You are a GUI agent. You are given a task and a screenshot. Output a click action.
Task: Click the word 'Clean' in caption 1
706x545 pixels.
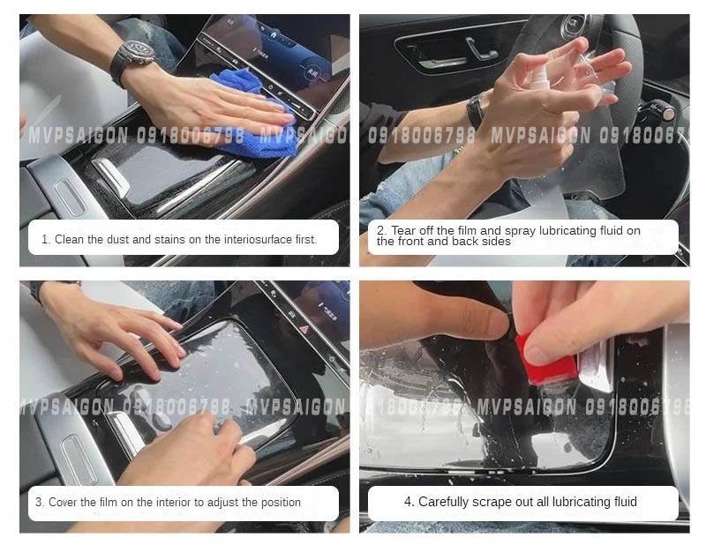click(x=71, y=239)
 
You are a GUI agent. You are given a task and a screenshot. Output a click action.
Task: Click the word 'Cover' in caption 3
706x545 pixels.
click(x=64, y=503)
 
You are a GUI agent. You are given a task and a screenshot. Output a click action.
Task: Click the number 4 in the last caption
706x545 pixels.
click(x=408, y=502)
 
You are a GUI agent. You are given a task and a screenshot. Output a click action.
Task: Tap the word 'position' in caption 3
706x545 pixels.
click(x=280, y=503)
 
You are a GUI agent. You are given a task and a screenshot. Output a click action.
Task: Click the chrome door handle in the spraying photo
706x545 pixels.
click(x=482, y=49)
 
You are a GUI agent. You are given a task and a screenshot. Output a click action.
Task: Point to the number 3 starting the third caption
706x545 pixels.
click(x=39, y=503)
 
